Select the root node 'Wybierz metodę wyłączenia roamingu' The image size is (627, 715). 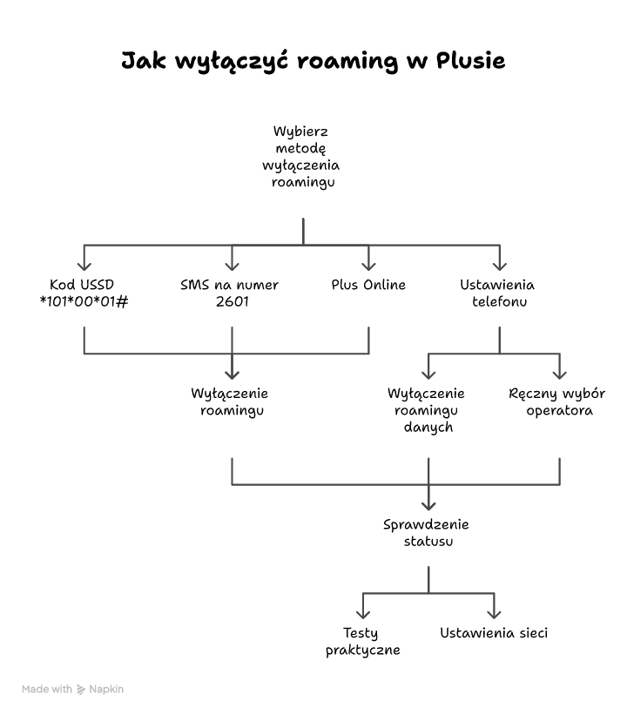(x=302, y=157)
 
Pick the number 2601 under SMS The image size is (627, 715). (x=231, y=302)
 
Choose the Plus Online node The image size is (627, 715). (x=368, y=285)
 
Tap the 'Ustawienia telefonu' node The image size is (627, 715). (x=497, y=293)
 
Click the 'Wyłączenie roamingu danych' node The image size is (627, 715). (x=427, y=410)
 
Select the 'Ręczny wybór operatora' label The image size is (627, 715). (x=557, y=401)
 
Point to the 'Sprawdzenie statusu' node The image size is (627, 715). (x=427, y=532)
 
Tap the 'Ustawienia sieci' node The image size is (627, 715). (x=494, y=633)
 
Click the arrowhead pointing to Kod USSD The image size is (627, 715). (x=84, y=265)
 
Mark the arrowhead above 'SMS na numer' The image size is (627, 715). (x=232, y=265)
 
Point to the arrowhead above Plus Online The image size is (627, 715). (x=368, y=265)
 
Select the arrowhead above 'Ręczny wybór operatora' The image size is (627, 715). (x=559, y=373)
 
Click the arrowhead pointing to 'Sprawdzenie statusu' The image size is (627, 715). (x=428, y=503)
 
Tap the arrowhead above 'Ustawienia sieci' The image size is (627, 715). (x=494, y=612)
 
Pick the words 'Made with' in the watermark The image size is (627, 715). (x=47, y=689)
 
